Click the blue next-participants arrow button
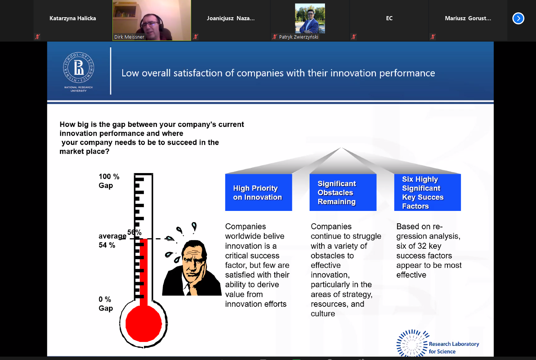(x=518, y=18)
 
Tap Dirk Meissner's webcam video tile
(x=152, y=20)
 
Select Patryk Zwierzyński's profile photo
(x=310, y=18)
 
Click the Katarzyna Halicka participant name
(x=72, y=18)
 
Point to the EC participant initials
(x=389, y=18)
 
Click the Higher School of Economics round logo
(x=78, y=67)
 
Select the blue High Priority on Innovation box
(x=258, y=192)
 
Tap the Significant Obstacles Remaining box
(x=343, y=192)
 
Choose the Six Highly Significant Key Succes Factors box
(x=427, y=192)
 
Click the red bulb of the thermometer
(x=144, y=324)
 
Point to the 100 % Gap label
(x=109, y=181)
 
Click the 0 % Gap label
(x=106, y=303)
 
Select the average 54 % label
(x=112, y=240)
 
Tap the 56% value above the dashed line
(x=134, y=232)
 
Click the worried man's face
(x=194, y=261)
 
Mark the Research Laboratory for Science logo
(x=438, y=344)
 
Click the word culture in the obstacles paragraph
(x=323, y=314)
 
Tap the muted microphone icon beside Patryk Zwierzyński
(x=274, y=37)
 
